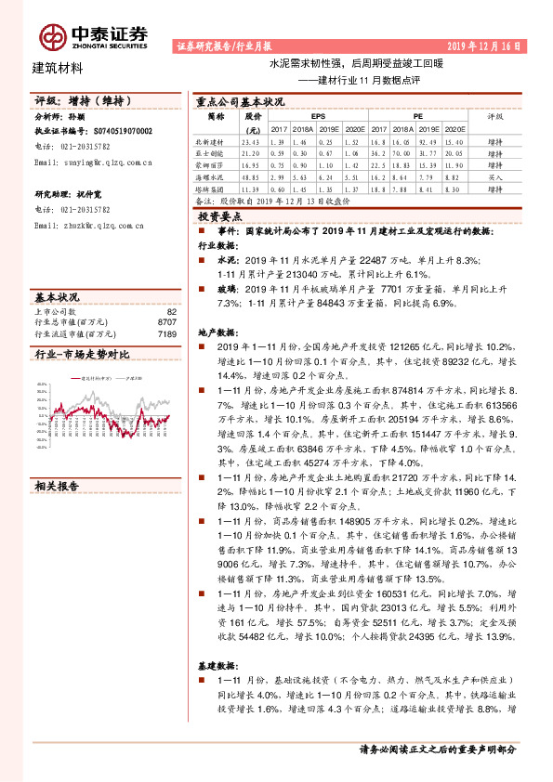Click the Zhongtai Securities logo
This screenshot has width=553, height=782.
(x=93, y=35)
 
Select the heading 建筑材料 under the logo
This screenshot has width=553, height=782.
(x=58, y=68)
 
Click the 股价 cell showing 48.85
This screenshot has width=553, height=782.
(x=251, y=176)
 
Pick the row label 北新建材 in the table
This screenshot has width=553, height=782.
(x=216, y=140)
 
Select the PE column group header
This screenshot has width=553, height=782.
(x=419, y=118)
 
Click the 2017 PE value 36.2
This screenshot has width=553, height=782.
(x=377, y=152)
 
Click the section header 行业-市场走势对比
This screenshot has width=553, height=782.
(x=81, y=355)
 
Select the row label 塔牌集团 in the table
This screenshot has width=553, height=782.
(x=216, y=189)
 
